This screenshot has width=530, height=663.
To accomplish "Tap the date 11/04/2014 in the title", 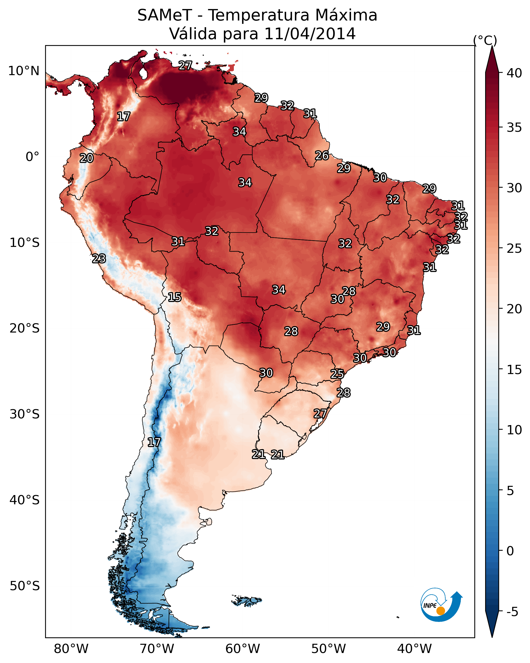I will (x=309, y=34).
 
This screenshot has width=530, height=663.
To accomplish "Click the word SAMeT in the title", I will (x=165, y=15).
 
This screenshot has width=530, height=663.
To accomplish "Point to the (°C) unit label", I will (x=485, y=40).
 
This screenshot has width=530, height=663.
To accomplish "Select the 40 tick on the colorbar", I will (x=514, y=73).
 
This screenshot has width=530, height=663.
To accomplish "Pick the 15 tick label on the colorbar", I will (x=514, y=370).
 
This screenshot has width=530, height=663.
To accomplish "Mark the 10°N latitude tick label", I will (x=24, y=71).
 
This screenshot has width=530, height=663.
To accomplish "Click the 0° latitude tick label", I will (x=32, y=157).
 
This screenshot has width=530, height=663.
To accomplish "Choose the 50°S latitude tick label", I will (x=25, y=586).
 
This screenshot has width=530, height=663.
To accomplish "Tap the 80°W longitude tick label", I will (x=71, y=649).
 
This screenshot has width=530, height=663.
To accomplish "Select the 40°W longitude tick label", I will (x=414, y=649).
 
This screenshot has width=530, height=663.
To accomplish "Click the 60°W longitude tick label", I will (x=243, y=649).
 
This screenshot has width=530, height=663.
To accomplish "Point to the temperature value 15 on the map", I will (x=175, y=297).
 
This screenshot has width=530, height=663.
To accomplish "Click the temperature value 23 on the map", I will (x=99, y=259).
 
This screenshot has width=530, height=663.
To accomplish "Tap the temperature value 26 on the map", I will (x=322, y=156).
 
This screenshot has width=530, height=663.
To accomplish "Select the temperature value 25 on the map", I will (x=337, y=374).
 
